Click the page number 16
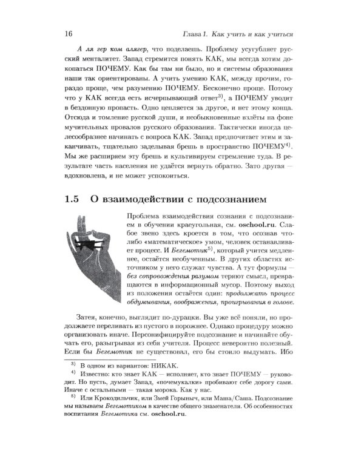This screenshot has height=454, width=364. pos(67,31)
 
